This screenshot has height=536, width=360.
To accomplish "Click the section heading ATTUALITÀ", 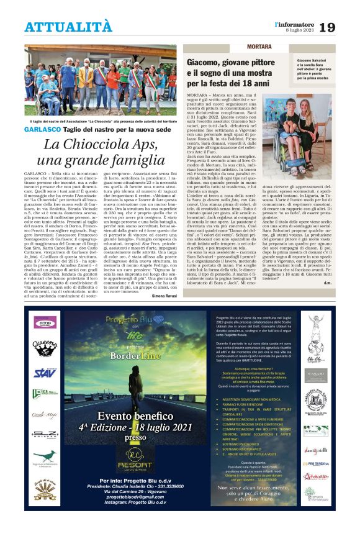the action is tap(68, 27).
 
